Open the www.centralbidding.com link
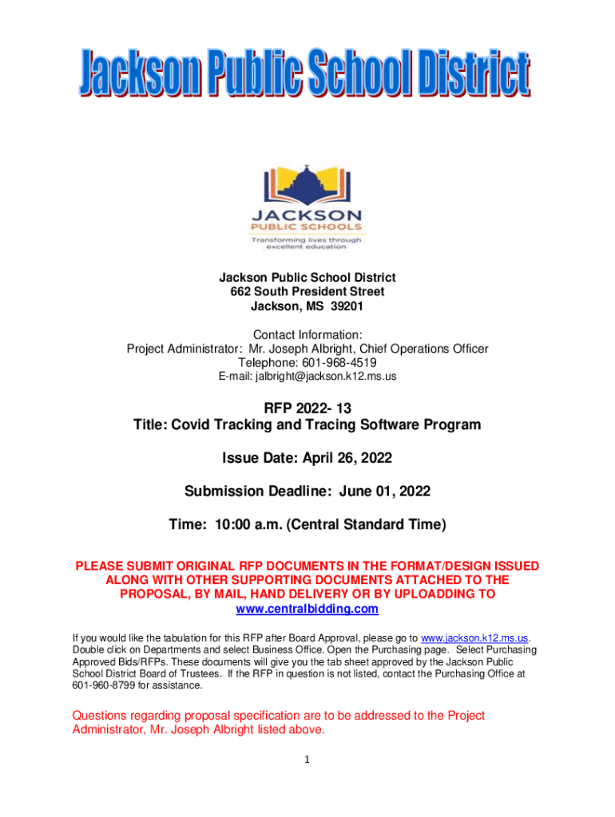coord(307,610)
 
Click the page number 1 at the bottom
coord(307,759)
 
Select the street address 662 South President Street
coord(307,291)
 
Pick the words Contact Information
coord(307,334)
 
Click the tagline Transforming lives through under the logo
coord(307,239)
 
